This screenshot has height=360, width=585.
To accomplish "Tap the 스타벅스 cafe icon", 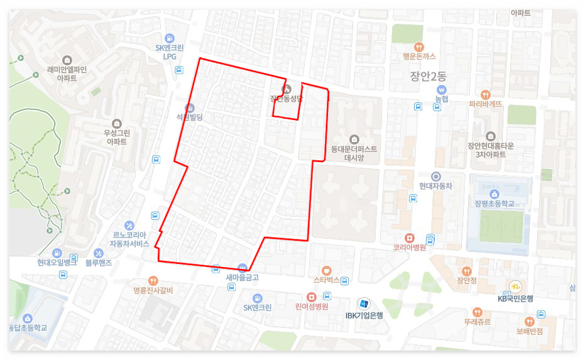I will pyautogui.click(x=325, y=270).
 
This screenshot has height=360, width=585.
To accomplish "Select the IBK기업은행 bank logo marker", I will pyautogui.click(x=364, y=303).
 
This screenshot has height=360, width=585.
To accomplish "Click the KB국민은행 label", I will pyautogui.click(x=515, y=298).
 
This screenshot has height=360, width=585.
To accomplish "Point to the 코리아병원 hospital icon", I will pyautogui.click(x=410, y=238).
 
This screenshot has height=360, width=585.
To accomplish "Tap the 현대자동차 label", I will pyautogui.click(x=435, y=186).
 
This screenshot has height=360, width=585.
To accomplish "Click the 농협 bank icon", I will pyautogui.click(x=441, y=90).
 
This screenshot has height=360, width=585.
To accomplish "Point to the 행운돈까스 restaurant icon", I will pyautogui.click(x=419, y=46).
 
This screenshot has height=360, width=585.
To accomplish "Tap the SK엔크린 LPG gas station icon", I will pyautogui.click(x=168, y=38).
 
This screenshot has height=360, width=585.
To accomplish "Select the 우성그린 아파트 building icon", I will pyautogui.click(x=116, y=123).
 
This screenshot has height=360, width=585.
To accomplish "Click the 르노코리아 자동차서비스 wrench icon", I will pyautogui.click(x=129, y=226).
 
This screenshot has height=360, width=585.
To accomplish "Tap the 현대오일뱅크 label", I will pyautogui.click(x=57, y=263).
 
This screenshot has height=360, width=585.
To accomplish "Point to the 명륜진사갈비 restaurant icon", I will pyautogui.click(x=153, y=280).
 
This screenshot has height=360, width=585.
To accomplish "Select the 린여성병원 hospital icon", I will pyautogui.click(x=311, y=297).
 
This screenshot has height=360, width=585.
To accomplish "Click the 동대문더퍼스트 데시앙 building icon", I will pyautogui.click(x=354, y=139).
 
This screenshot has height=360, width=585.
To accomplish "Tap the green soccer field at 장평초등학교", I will pyautogui.click(x=501, y=226).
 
